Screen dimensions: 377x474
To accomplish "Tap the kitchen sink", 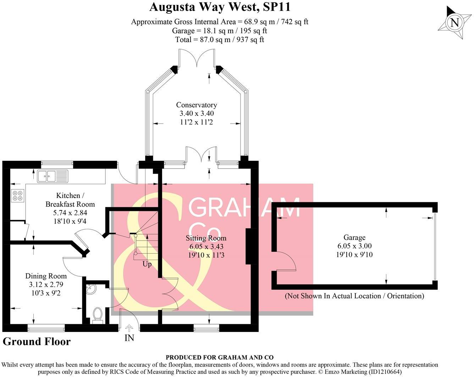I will (52, 176).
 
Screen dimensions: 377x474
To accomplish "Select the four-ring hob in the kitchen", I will (17, 196).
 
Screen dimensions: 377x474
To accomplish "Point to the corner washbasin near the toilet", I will (91, 289).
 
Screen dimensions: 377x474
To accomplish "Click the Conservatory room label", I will (197, 105).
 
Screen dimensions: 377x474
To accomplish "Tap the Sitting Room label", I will (206, 238).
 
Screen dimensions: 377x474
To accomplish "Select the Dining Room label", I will (46, 276).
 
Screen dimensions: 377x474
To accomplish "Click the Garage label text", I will (354, 237).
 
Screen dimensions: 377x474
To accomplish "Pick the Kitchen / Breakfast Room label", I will (70, 200).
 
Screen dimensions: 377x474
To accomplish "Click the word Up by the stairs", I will (147, 264).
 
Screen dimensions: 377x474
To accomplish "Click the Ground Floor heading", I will (37, 342).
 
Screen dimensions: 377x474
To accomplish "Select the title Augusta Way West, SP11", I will (220, 7).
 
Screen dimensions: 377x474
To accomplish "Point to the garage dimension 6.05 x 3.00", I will (354, 246).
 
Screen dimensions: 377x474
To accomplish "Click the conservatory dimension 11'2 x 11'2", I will (197, 122).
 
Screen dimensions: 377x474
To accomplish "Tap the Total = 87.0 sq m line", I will (220, 40).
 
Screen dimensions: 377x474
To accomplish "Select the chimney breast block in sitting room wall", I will (250, 246).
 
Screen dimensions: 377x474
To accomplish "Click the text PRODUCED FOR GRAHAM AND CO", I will (220, 358).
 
